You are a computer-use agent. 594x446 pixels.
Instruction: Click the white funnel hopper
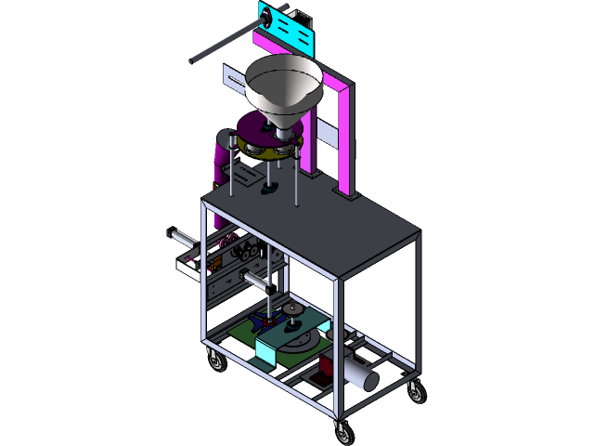(284, 84)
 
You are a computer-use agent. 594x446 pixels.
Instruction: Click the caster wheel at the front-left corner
(216, 362)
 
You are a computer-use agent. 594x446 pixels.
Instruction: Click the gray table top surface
(316, 228)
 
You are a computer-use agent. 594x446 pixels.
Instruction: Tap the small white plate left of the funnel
(232, 78)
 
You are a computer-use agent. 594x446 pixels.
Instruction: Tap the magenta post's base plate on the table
(348, 195)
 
